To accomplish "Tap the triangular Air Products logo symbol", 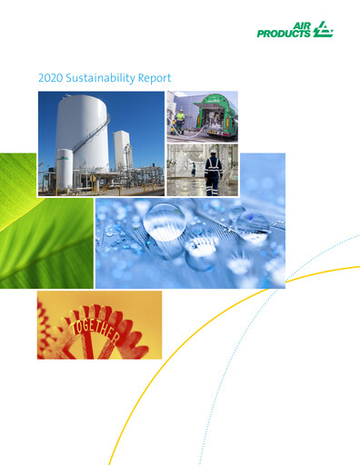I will (323, 31).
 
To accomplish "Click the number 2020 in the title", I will (50, 79).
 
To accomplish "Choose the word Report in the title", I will (151, 79).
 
